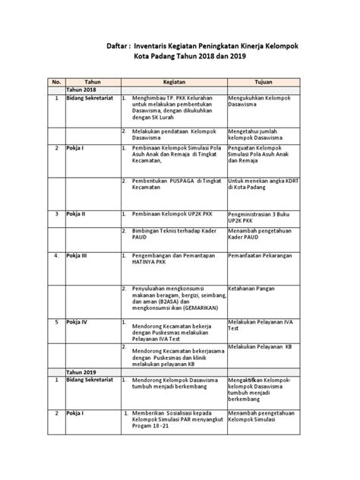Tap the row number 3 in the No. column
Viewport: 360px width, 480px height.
pos(55,215)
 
